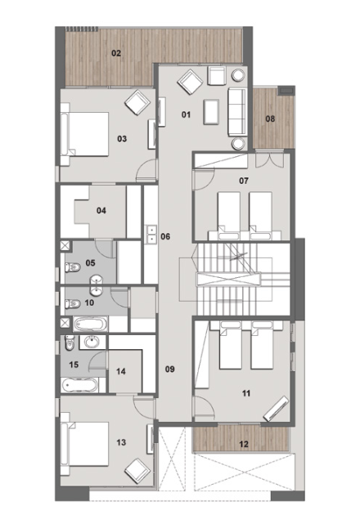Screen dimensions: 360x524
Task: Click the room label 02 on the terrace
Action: (116, 53)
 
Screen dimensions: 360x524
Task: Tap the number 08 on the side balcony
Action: (270, 119)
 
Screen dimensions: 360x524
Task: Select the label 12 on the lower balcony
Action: (244, 444)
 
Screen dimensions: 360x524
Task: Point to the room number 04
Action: (101, 211)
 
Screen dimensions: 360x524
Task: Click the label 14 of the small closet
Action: (121, 371)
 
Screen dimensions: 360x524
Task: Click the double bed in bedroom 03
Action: (85, 134)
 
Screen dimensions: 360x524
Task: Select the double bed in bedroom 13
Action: (85, 444)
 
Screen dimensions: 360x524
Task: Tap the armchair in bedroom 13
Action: (137, 471)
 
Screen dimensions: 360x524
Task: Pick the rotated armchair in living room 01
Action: (190, 82)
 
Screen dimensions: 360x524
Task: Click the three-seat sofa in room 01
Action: (238, 112)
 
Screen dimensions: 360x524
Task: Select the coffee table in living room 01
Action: (211, 112)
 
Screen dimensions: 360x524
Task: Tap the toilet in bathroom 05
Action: (73, 267)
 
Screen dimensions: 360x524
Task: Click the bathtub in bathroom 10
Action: (90, 324)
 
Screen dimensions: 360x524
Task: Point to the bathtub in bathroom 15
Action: (79, 385)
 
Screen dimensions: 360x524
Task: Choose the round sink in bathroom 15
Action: (91, 342)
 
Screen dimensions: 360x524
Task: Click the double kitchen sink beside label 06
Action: (151, 234)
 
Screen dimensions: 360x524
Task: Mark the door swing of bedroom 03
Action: (146, 170)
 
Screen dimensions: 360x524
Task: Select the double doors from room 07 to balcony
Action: (269, 159)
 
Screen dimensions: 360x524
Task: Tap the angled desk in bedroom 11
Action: (276, 409)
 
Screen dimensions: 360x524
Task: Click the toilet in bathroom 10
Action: (73, 304)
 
